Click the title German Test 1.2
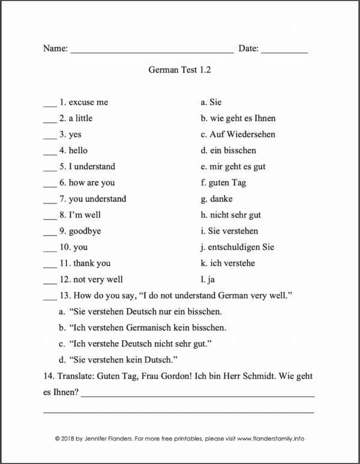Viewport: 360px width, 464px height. point(179,70)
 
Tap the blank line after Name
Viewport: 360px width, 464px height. point(152,53)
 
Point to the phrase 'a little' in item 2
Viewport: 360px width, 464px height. point(80,118)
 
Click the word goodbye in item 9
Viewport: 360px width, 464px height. point(88,230)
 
